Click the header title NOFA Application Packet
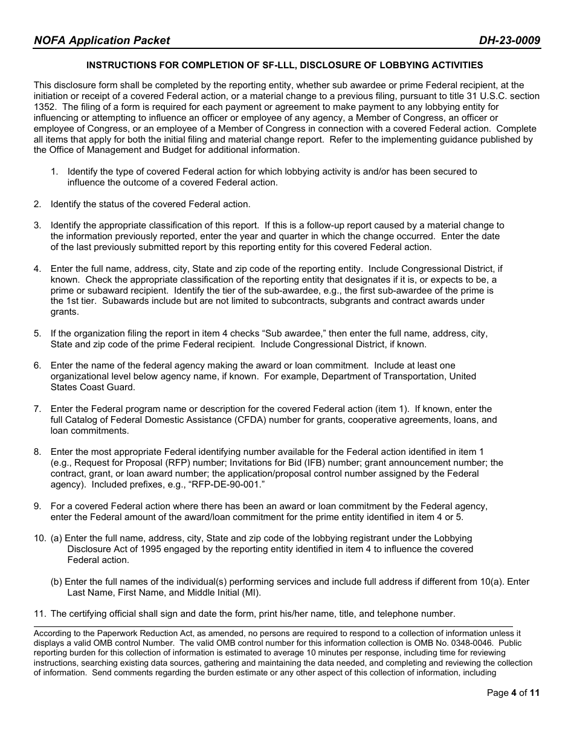[x=102, y=40]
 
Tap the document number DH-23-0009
[x=509, y=40]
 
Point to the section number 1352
[x=45, y=107]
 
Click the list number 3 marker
[x=37, y=225]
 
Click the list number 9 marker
[x=37, y=506]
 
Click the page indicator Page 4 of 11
[x=513, y=693]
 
